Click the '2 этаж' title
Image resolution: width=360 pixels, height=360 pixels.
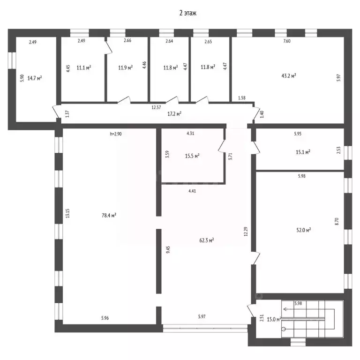(188, 13)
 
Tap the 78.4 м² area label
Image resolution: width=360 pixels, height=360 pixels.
(109, 215)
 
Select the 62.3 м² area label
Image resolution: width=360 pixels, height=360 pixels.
(207, 240)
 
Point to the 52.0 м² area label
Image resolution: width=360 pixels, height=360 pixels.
(304, 230)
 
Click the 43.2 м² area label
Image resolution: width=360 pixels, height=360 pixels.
(289, 75)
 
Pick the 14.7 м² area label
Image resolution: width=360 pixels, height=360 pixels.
(35, 78)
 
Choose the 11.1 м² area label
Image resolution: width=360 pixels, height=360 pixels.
(84, 67)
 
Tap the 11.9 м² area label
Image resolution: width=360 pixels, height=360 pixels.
(125, 67)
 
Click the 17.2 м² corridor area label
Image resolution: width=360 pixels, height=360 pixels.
(174, 113)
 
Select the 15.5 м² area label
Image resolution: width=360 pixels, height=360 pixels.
(192, 156)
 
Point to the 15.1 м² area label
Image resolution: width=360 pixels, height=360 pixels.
(303, 152)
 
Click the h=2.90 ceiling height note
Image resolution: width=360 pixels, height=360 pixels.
(116, 134)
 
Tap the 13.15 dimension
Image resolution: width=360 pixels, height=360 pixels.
(67, 213)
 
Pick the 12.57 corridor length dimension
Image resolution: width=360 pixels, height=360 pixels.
(156, 107)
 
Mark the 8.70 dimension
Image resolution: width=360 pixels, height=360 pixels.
(337, 221)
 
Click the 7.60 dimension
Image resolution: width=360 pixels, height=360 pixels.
(287, 41)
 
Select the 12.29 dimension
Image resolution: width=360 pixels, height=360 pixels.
(246, 232)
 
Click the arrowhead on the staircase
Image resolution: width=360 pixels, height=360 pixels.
(285, 309)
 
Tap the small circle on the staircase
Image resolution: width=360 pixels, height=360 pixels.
(284, 329)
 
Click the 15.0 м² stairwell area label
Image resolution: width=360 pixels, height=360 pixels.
(274, 319)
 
